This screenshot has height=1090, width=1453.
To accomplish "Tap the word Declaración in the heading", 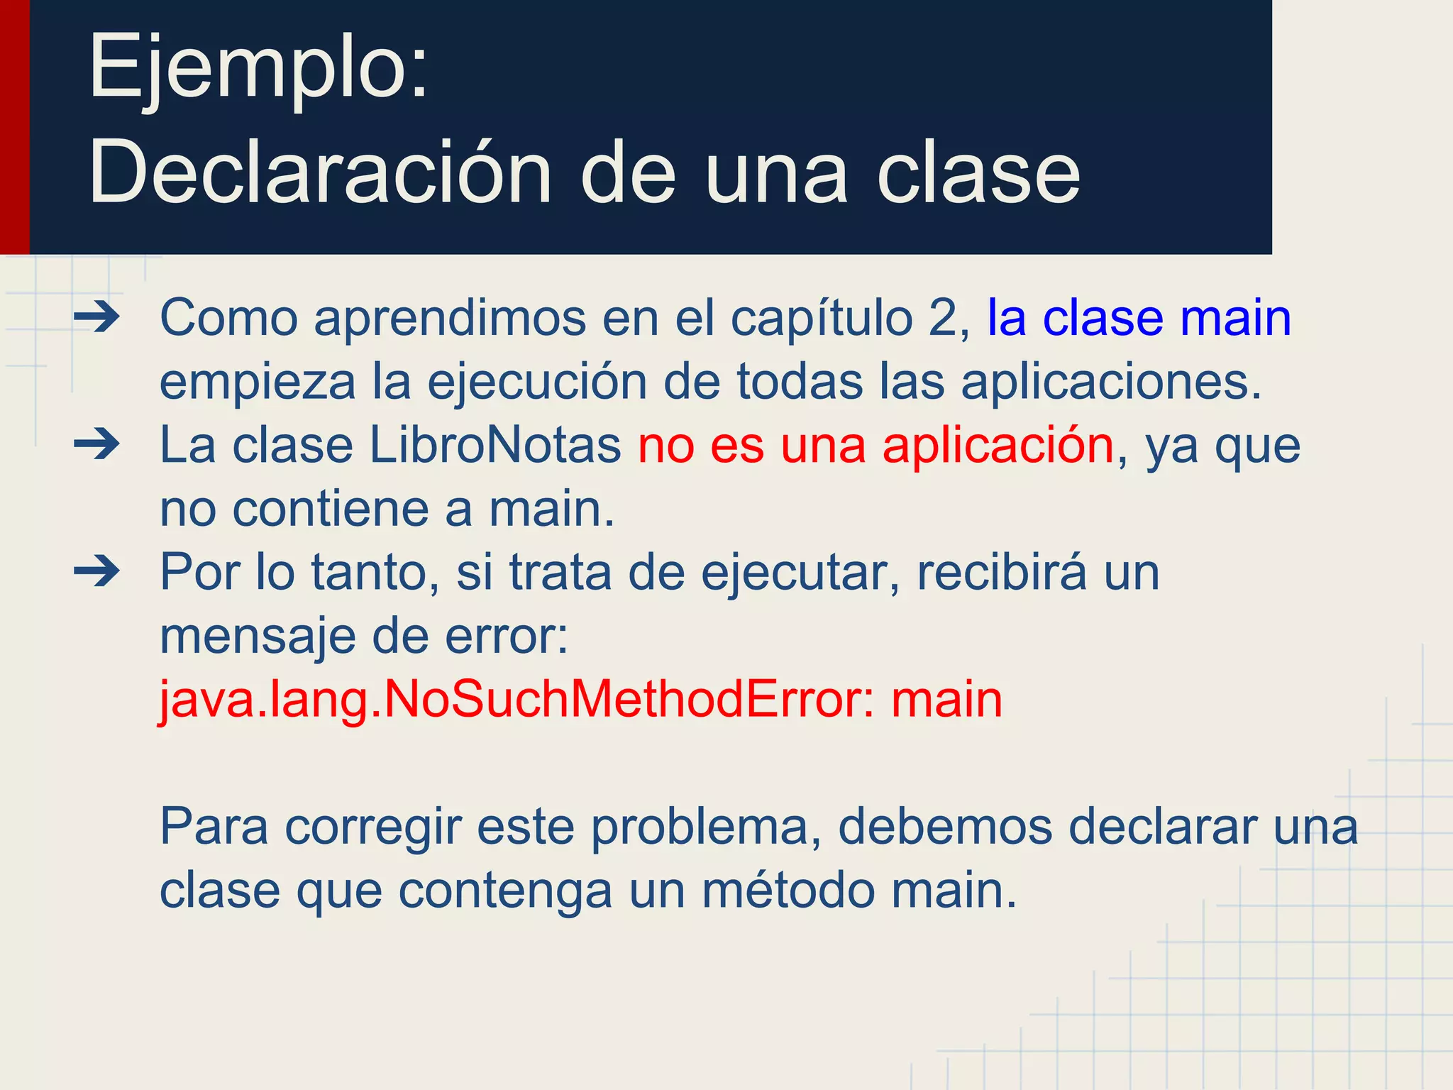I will tap(320, 172).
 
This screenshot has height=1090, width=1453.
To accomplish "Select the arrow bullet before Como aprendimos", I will tap(97, 317).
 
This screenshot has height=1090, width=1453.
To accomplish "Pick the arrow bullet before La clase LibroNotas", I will tap(97, 445).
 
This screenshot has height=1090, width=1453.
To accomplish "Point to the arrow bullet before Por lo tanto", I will tap(97, 571).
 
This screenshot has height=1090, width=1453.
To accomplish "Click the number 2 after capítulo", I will tap(942, 317).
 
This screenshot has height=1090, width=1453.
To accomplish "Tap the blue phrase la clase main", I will tap(1139, 317).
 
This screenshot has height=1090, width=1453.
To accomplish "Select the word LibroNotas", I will tap(495, 446).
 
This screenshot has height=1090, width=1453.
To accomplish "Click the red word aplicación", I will tap(998, 446).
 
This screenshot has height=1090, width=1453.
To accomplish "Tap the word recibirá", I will tap(1001, 572).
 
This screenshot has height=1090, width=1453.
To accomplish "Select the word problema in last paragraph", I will tap(706, 827).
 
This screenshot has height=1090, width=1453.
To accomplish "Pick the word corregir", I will tap(373, 827).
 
